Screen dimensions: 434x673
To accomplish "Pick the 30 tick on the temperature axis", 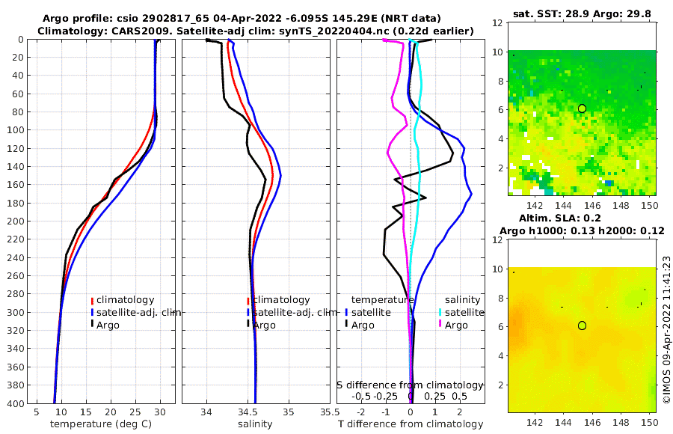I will coord(160,412).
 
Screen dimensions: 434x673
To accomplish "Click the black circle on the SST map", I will coord(582,109).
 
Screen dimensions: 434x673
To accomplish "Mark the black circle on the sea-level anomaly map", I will coord(582,325).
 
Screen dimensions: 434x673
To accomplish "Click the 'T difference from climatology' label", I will coord(411,424).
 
